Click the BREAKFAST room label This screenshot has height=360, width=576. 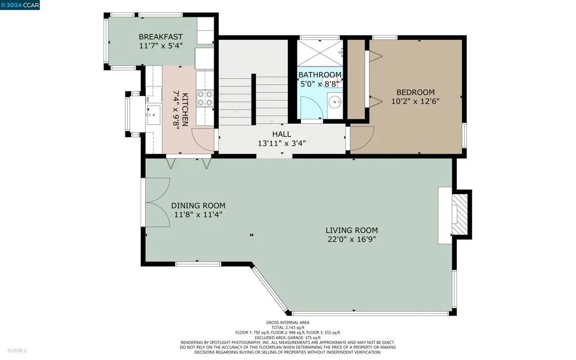(x=160, y=37)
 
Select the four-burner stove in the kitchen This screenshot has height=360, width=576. (x=205, y=98)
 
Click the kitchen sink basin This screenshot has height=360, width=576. (x=153, y=115)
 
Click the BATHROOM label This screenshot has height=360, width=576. (x=319, y=75)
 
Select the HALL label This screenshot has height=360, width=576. (x=282, y=134)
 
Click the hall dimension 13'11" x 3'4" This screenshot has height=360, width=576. (x=282, y=143)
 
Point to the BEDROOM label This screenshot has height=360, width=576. (x=416, y=92)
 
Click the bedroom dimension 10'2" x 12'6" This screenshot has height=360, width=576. (x=416, y=101)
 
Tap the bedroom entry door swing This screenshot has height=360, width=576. (x=362, y=139)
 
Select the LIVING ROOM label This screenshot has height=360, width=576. (x=352, y=230)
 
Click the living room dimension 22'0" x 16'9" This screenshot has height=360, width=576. (x=352, y=240)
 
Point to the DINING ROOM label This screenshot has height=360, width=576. (x=199, y=206)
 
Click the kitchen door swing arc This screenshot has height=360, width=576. (x=202, y=140)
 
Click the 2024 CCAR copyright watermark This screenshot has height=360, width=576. (x=20, y=5)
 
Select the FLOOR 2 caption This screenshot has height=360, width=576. (x=17, y=351)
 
